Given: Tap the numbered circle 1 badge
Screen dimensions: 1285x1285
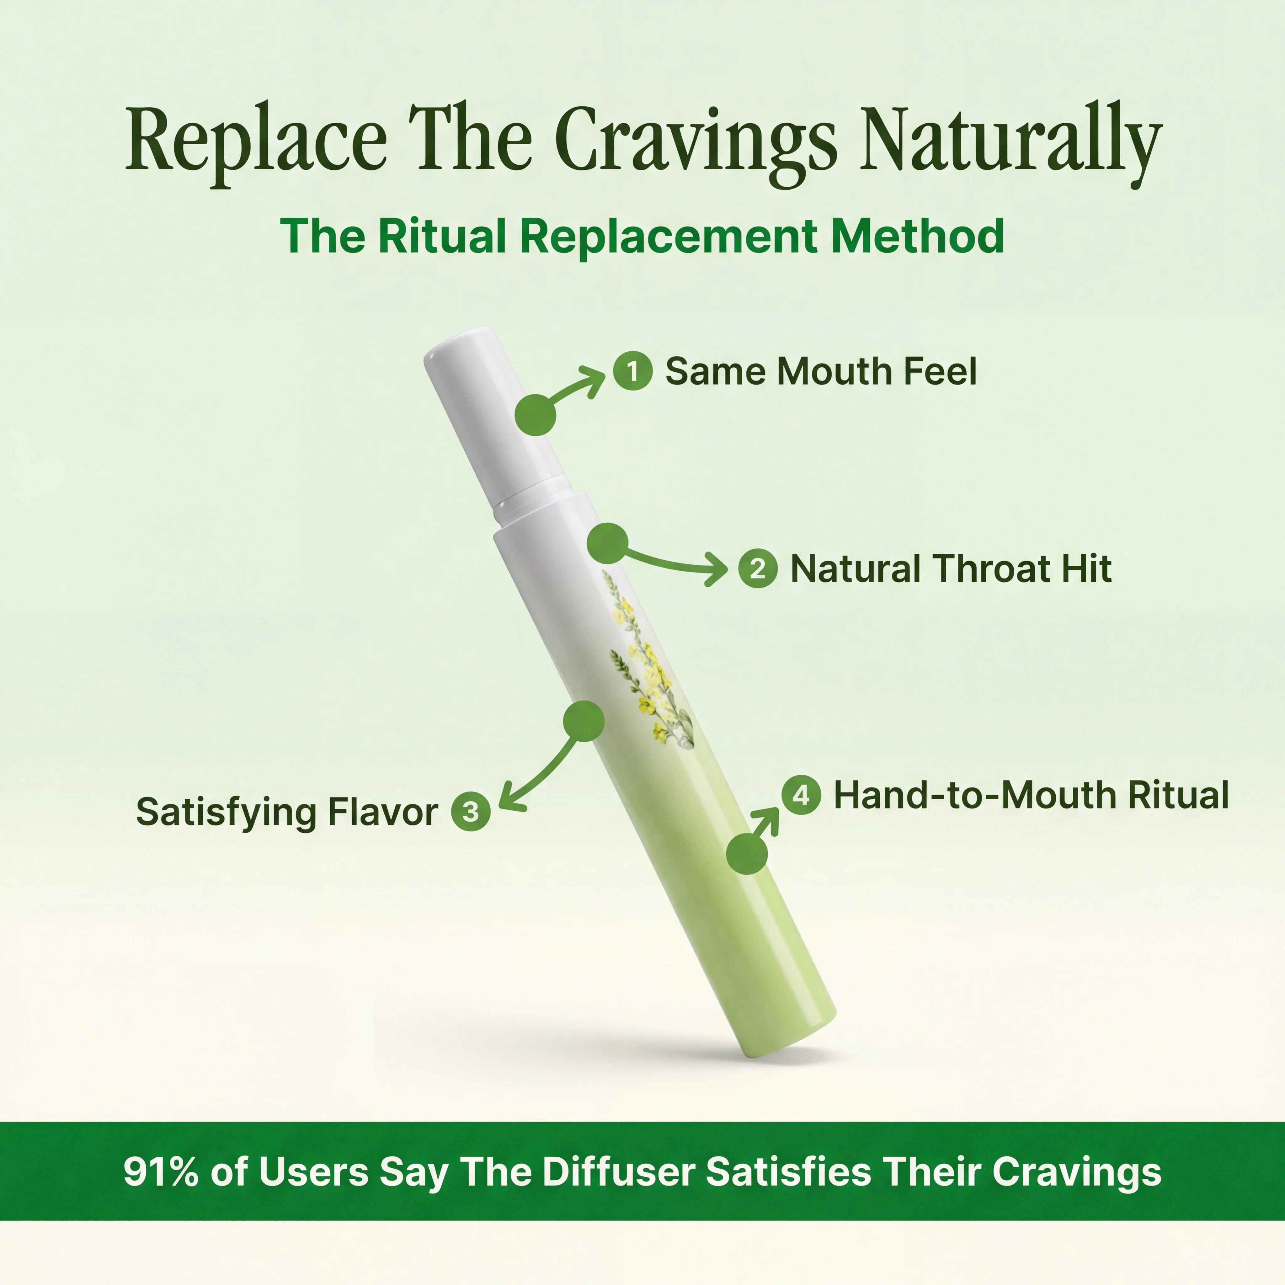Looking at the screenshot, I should tap(632, 371).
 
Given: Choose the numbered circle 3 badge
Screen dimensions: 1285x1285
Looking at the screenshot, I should tap(470, 812).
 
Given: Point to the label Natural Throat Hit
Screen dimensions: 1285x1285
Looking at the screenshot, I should tap(951, 569).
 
